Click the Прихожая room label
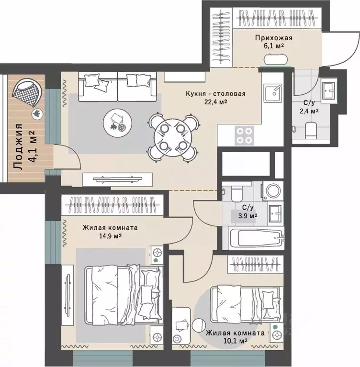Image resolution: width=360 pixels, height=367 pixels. pos(274,38)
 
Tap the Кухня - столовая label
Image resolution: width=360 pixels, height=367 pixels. pos(216,94)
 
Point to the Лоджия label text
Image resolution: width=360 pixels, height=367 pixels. pos(18,147)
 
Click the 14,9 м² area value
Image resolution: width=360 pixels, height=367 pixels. pos(110,236)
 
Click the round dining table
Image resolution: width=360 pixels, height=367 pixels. pos(173,137)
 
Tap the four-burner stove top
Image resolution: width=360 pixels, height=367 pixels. pos(244,135)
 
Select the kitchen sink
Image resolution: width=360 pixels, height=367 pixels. pos(273,93)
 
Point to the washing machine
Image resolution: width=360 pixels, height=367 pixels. pos(272,191)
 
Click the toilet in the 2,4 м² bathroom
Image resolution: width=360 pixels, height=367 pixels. pos(311,130)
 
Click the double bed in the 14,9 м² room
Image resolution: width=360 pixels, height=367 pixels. pos(124,295)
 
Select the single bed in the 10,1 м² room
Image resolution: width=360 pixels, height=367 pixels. pos(246,303)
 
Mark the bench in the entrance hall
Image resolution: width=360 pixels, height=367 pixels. pos(275,59)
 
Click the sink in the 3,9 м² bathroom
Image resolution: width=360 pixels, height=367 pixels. pos(275,213)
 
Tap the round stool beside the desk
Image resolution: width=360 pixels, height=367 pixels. pos(199,325)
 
